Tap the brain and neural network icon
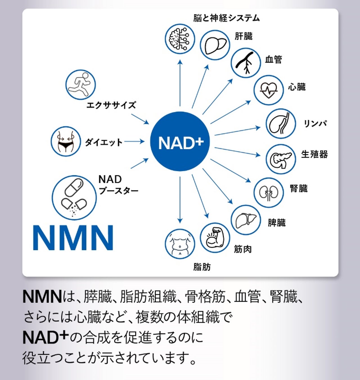(180, 39)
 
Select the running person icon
(81, 84)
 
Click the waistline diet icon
(66, 141)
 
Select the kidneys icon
(269, 193)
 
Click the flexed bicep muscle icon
(215, 237)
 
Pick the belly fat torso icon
(180, 244)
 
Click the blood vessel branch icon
(246, 63)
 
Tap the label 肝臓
(244, 36)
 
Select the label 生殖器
(314, 154)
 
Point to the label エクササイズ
(111, 105)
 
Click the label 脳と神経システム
(226, 18)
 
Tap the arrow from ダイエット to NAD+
(134, 142)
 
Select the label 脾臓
(277, 223)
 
